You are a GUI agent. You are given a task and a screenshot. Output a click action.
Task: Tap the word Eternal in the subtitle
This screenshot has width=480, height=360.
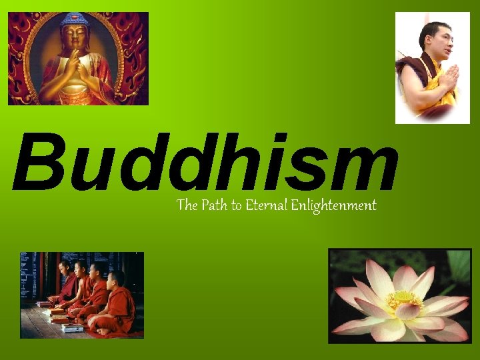[266, 205]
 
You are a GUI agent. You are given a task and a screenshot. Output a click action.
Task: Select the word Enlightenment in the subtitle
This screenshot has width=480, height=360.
[333, 205]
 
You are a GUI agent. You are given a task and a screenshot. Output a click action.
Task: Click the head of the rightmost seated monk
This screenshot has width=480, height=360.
[115, 278]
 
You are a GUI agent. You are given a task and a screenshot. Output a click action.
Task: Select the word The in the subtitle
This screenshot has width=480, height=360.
[186, 205]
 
